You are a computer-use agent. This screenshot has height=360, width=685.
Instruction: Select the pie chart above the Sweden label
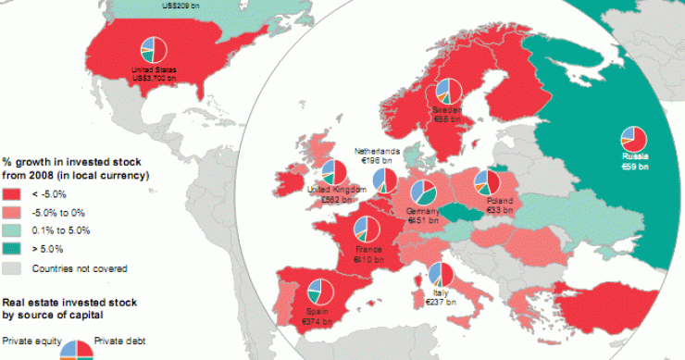click(449, 90)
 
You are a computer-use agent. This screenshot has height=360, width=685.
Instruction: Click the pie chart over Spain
click(319, 291)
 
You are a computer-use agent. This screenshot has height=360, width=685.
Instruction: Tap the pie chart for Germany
click(424, 192)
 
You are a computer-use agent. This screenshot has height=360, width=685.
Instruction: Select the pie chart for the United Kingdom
click(331, 171)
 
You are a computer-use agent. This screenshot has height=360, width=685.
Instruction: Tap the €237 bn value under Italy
click(434, 302)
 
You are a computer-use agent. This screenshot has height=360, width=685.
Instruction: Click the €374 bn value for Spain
click(318, 321)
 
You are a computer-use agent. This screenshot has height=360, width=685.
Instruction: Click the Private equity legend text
click(31, 340)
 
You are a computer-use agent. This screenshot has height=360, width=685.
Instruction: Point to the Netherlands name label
click(378, 151)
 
